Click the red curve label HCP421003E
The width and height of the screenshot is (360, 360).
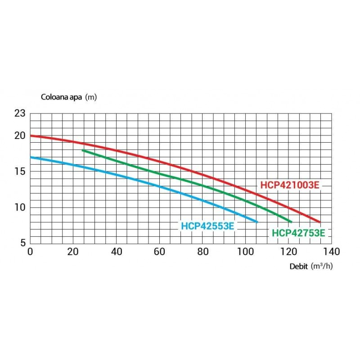click(x=290, y=185)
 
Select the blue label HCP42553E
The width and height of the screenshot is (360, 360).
click(x=207, y=226)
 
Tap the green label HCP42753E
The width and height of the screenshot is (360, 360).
click(x=298, y=233)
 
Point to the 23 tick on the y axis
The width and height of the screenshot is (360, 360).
click(x=20, y=113)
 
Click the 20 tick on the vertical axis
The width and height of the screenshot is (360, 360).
click(x=20, y=136)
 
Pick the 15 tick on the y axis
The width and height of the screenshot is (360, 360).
click(x=20, y=171)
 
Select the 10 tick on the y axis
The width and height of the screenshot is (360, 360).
click(x=20, y=207)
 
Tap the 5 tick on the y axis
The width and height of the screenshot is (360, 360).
click(x=23, y=243)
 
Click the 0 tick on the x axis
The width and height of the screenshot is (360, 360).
click(x=30, y=252)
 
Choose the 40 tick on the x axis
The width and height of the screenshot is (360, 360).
click(x=117, y=252)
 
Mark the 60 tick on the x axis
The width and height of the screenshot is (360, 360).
click(x=159, y=252)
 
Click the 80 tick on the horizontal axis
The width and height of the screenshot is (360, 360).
click(x=203, y=252)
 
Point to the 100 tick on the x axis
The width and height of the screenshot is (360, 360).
click(x=245, y=252)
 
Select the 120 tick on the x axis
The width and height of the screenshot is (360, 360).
click(x=288, y=252)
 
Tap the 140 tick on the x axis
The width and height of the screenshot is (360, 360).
click(x=332, y=252)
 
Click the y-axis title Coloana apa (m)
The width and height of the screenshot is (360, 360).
click(x=69, y=97)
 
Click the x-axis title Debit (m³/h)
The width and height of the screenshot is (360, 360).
click(x=311, y=266)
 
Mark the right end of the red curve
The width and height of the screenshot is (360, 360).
click(x=319, y=222)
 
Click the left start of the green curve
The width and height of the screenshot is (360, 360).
click(x=83, y=150)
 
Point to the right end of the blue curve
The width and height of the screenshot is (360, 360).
click(x=257, y=222)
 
